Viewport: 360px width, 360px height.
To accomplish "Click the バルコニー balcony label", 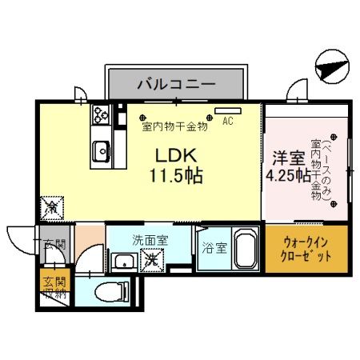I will pos(174,82).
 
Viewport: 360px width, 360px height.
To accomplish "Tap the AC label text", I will pos(228,122).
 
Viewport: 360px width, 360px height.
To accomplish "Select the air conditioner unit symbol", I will pos(228,110).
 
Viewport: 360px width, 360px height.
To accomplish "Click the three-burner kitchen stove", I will pos(101,114).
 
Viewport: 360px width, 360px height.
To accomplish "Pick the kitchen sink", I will pos(102,149).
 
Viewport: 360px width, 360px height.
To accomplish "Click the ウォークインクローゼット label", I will pos(306,251).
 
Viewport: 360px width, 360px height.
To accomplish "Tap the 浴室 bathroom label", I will pos(214,248).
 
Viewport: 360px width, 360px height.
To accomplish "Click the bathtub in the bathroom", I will pos(243,251).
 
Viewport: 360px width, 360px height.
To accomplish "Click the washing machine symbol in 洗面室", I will pos(150,259).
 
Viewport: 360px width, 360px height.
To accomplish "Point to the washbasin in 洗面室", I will pos(123,260).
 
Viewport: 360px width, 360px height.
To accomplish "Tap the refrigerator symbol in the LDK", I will pos(50,206).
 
